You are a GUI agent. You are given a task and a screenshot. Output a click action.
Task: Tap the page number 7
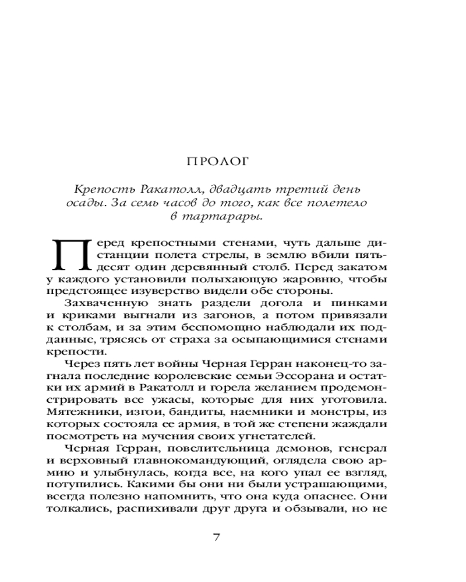point(216,537)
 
